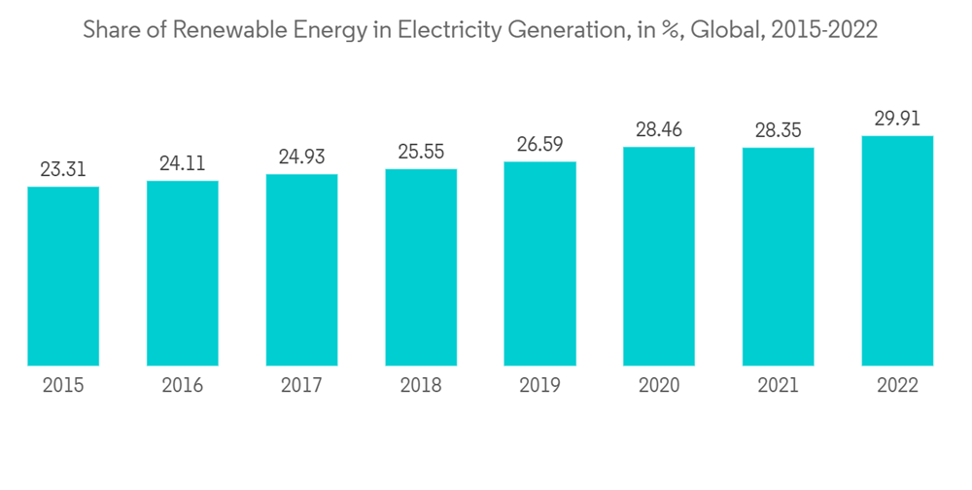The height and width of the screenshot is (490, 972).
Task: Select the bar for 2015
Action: (63, 276)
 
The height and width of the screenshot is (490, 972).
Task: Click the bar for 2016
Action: (183, 273)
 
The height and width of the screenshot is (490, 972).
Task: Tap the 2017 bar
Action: (301, 270)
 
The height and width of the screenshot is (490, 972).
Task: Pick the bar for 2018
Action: (421, 267)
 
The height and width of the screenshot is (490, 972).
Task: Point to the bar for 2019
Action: (539, 263)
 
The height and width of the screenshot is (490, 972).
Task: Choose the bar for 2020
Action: (659, 257)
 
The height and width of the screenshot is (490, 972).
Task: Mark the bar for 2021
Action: (778, 257)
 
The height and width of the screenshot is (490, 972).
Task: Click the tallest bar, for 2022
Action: (897, 251)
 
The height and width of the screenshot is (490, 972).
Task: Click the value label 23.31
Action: (63, 169)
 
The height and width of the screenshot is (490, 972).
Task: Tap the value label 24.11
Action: (183, 163)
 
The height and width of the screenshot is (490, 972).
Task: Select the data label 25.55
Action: (421, 152)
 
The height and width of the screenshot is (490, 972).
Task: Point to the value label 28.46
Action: (659, 129)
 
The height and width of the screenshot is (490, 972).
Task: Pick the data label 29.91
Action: (897, 118)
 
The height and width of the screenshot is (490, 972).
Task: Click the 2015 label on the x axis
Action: (63, 386)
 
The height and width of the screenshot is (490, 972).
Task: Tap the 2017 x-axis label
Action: (301, 386)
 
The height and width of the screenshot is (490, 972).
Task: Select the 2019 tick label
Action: (539, 386)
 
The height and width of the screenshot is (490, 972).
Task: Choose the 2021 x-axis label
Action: (778, 386)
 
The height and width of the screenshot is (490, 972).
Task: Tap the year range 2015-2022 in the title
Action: (822, 30)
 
